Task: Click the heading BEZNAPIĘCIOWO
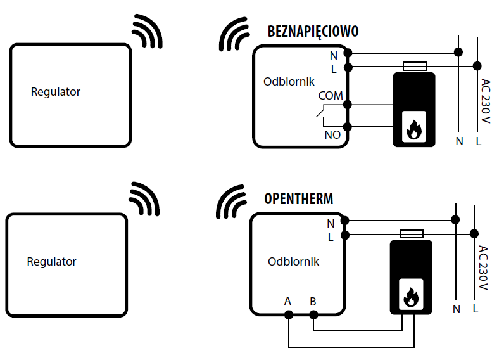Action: [313, 32]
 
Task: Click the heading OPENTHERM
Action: [298, 198]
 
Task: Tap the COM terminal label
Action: [331, 96]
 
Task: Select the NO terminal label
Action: [332, 135]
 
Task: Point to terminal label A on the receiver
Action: [287, 301]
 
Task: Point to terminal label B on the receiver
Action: [313, 302]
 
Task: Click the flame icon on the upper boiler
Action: [414, 129]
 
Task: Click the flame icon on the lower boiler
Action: [411, 297]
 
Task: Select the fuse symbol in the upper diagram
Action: [415, 67]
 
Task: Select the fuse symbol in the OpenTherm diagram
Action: [412, 234]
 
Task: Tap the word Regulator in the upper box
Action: [56, 92]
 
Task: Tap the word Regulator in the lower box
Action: [51, 262]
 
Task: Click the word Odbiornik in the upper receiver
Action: [289, 82]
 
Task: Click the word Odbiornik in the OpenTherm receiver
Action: [293, 262]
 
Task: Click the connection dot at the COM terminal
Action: [348, 105]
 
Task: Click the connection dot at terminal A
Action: [289, 314]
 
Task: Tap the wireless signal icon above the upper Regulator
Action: [147, 31]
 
